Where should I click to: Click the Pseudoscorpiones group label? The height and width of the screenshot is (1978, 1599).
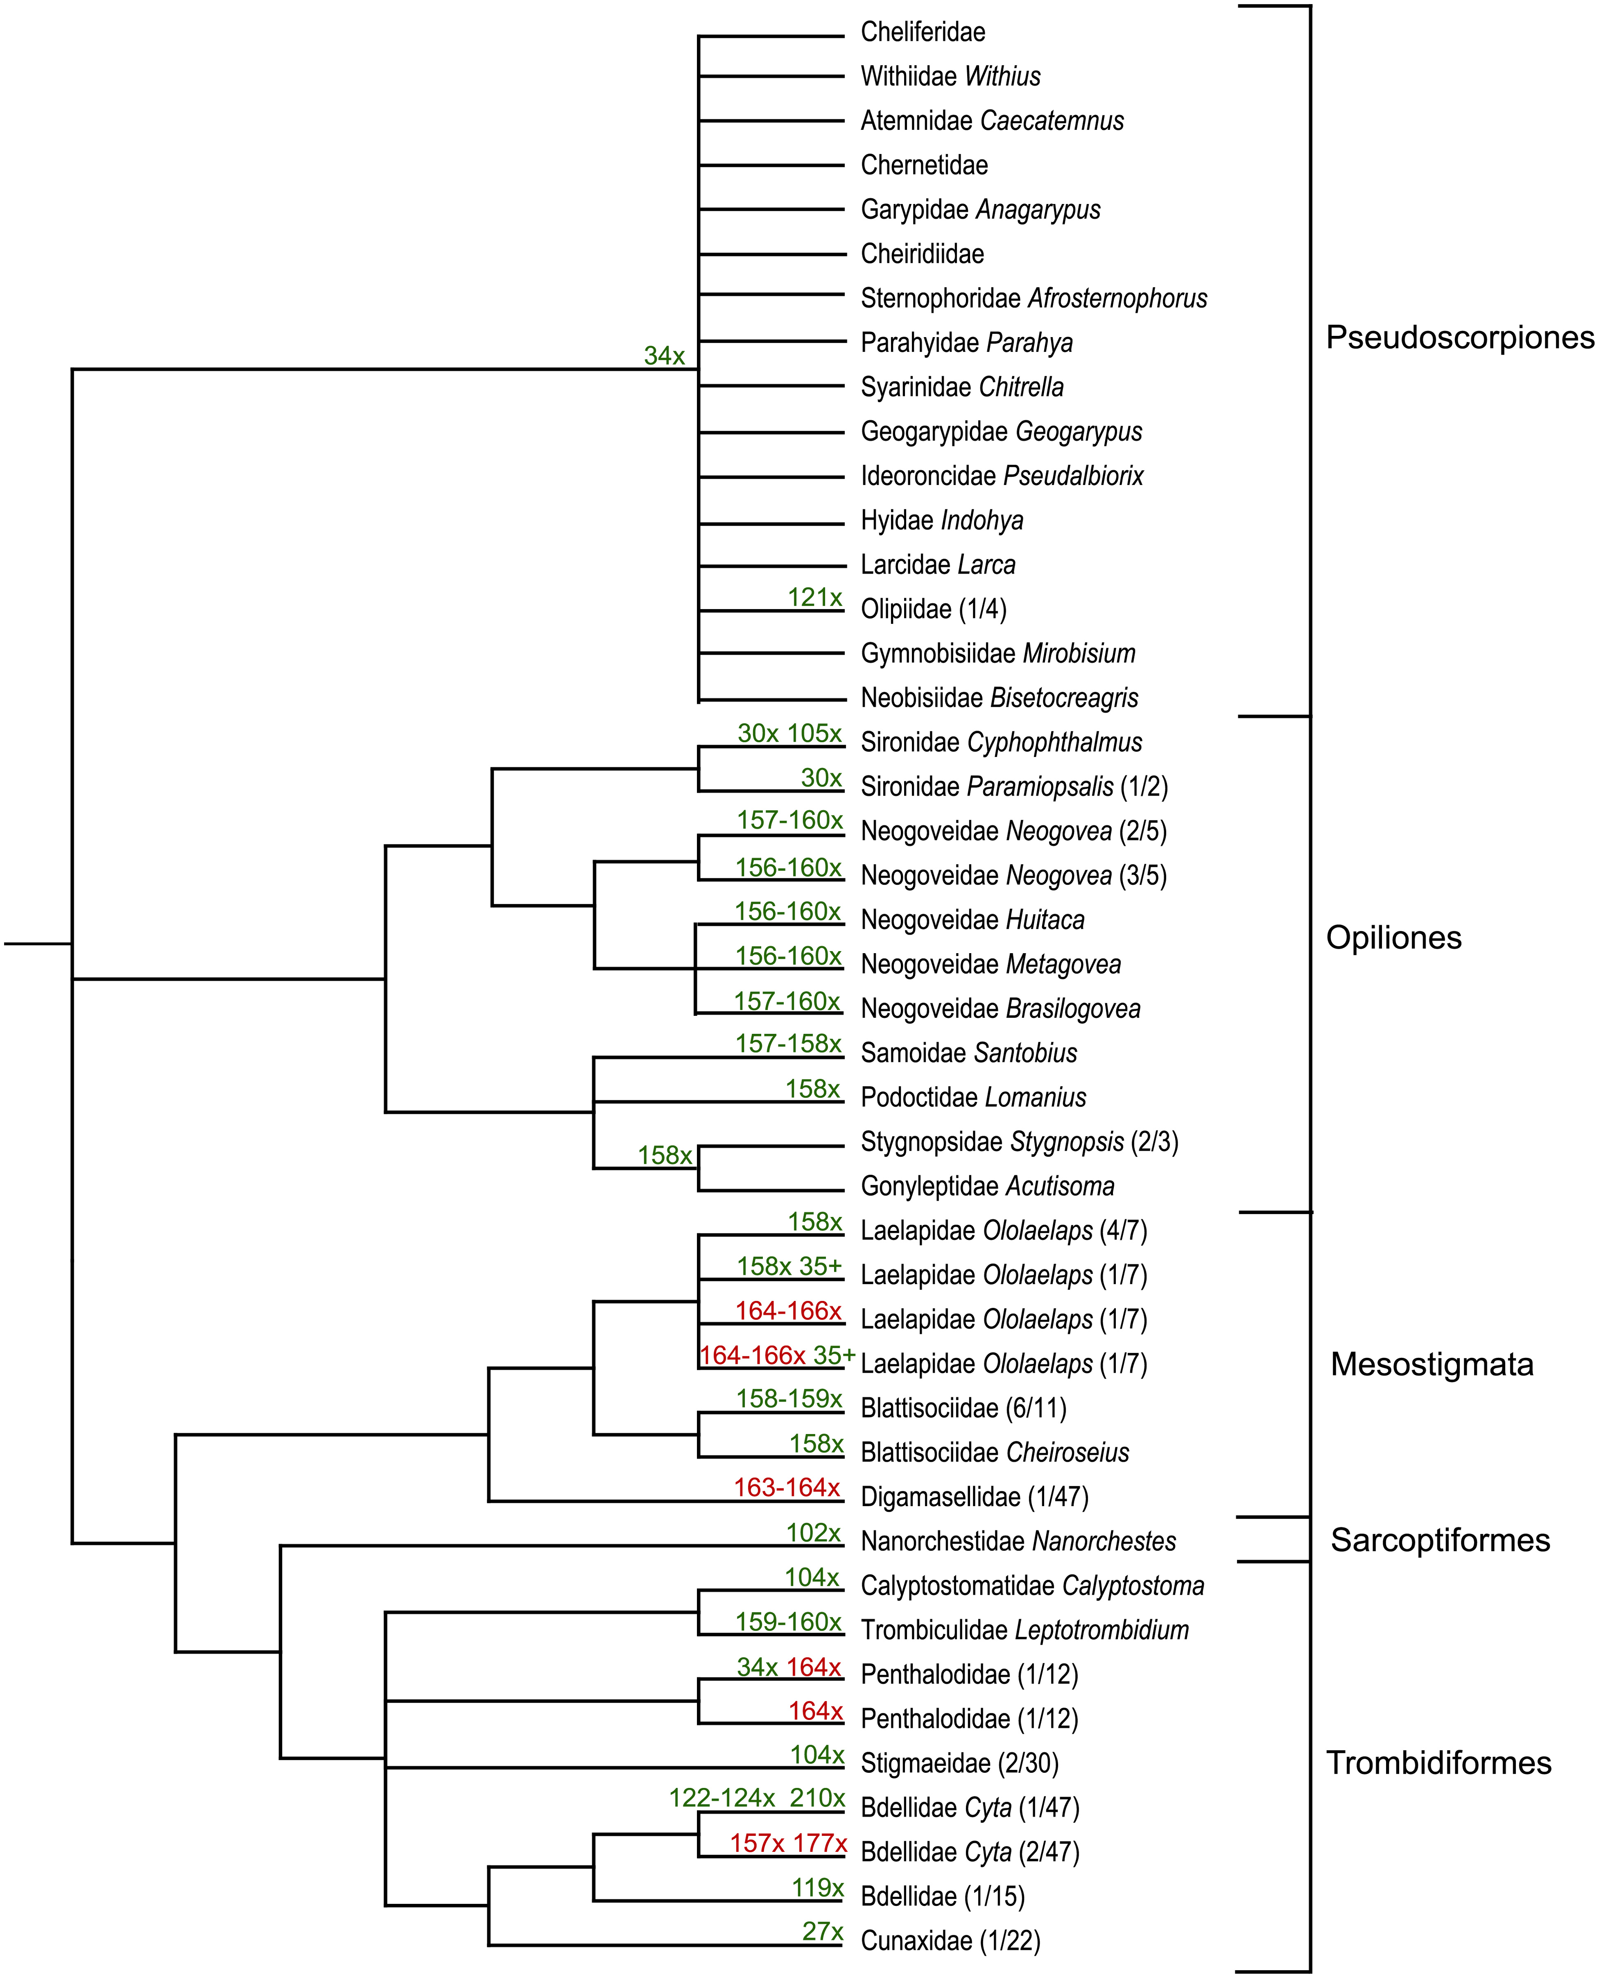click(1459, 338)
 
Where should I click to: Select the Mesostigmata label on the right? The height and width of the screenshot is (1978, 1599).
click(1431, 1364)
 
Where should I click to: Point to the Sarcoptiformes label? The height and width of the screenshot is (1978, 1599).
click(1440, 1540)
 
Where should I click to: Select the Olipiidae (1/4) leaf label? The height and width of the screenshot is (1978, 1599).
click(933, 609)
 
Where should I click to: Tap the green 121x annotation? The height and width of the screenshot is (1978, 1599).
click(814, 597)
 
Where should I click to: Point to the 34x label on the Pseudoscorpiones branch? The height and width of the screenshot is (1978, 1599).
click(664, 356)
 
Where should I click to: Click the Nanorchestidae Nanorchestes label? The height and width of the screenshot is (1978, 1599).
click(1018, 1541)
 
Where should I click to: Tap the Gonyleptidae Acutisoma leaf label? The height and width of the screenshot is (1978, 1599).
click(987, 1187)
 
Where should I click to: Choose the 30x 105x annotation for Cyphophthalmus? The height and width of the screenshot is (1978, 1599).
click(789, 734)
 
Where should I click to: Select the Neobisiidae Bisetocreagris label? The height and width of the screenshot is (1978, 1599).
click(999, 698)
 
